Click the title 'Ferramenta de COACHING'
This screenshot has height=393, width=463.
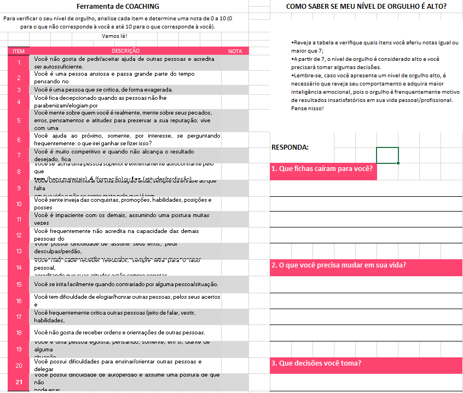tap(118, 7)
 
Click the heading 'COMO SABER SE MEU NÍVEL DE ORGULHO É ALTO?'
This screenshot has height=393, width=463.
tap(366, 7)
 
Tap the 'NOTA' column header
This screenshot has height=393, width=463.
tap(235, 51)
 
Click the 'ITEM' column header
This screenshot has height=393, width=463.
tap(19, 51)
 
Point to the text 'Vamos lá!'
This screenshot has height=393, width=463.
tap(115, 36)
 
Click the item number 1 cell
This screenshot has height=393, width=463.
tap(19, 62)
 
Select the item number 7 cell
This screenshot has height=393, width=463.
tap(19, 155)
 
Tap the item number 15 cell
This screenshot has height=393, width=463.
tap(19, 284)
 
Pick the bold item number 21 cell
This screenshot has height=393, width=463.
tap(19, 382)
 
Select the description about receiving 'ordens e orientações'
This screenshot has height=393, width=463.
tap(119, 332)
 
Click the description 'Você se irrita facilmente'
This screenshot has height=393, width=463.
tap(126, 284)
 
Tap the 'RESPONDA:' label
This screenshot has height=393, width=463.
tap(290, 147)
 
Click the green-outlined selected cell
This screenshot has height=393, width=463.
tap(387, 155)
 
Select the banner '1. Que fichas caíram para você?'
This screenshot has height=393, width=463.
tap(322, 169)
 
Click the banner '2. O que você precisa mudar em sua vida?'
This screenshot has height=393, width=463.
tap(339, 265)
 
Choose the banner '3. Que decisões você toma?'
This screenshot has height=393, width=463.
tap(316, 363)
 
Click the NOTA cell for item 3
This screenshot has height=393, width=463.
tap(235, 89)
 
